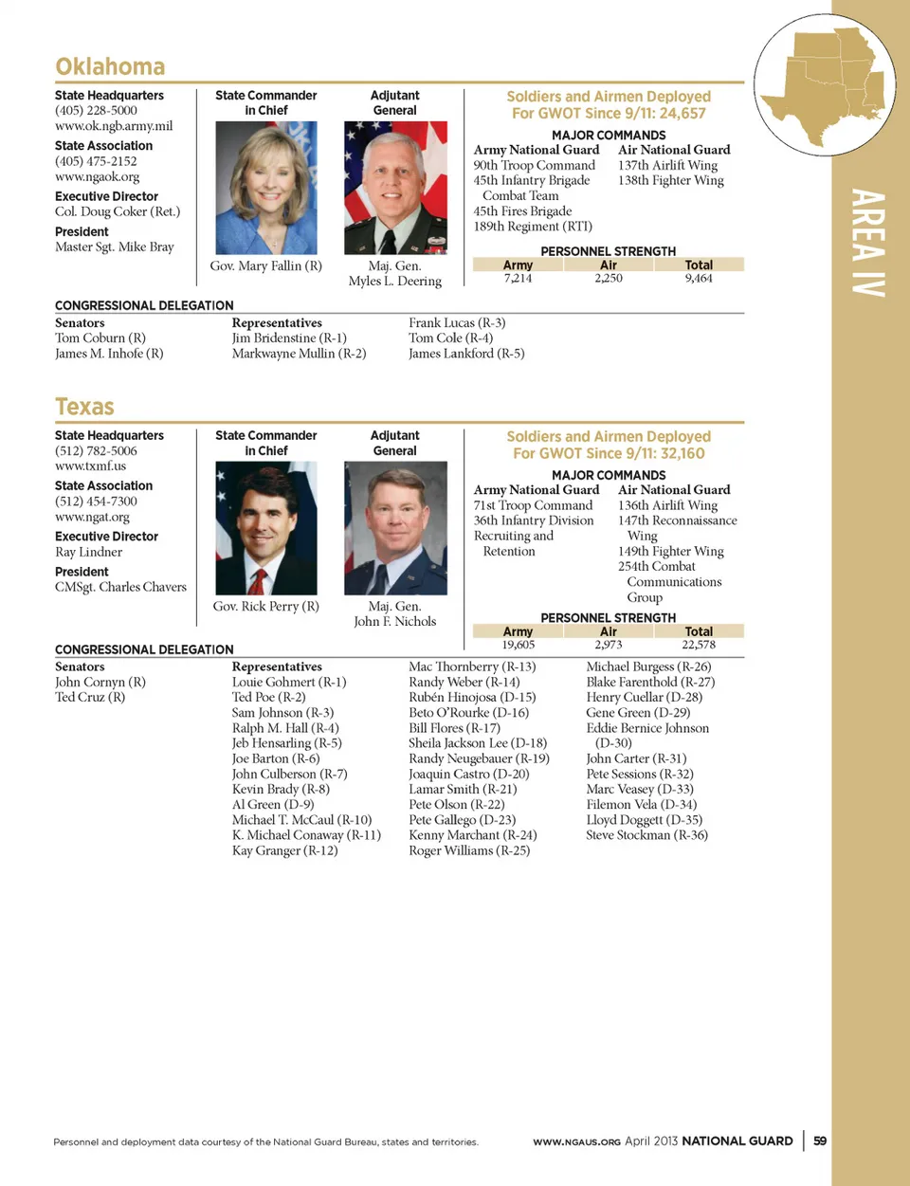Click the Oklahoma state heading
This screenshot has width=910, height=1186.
point(110,66)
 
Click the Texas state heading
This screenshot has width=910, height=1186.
point(84,407)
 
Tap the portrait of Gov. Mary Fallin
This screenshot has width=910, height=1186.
point(265,188)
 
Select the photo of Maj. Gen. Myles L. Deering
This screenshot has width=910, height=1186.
point(395,188)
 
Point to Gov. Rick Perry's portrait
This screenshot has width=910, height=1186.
point(265,528)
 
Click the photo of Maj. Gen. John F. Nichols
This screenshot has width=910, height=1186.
point(395,528)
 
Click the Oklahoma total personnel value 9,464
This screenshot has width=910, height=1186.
point(699,279)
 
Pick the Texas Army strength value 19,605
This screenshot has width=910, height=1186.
point(518,645)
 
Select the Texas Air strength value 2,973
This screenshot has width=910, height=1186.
point(609,645)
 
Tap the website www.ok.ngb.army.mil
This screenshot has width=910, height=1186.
point(114,126)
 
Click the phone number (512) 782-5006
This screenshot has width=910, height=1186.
point(96,451)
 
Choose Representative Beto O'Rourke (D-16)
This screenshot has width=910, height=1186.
point(468,713)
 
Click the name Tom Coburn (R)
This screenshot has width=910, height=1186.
point(100,338)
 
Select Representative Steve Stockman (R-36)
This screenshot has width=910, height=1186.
point(646,835)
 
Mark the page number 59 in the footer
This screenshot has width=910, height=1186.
point(820,1141)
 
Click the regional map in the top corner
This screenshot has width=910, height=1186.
point(825,85)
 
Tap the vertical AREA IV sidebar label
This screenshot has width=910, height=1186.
point(868,244)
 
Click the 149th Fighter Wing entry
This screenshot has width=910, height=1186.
point(670,552)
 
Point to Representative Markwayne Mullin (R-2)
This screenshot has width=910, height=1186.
point(299,354)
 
